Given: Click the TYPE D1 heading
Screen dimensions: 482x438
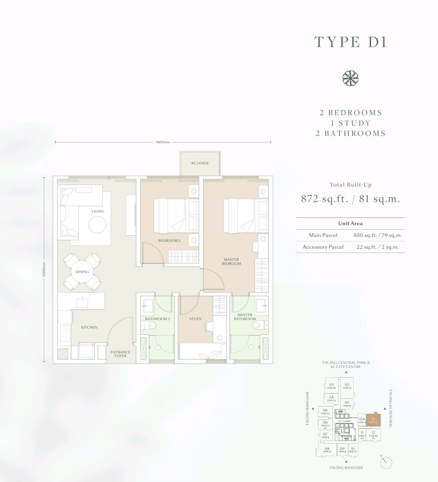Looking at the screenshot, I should [350, 42].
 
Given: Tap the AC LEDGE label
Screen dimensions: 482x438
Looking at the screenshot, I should [200, 163].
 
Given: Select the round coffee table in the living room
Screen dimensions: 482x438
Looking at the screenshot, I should [98, 224].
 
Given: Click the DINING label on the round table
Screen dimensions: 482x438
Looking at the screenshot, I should [82, 272].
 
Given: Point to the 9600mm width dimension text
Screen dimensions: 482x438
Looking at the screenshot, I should [163, 142].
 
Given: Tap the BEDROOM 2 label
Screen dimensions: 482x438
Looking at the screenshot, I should [170, 241].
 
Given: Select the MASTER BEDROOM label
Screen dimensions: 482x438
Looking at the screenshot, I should [231, 262].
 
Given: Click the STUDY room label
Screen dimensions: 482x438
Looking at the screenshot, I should [195, 319].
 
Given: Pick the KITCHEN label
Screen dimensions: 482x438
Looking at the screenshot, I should [89, 327].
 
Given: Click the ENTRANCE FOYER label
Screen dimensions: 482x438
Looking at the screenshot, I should [120, 354].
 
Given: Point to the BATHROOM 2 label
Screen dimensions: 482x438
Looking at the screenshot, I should [157, 319].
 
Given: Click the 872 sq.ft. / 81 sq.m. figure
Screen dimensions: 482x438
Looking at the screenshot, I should [350, 199].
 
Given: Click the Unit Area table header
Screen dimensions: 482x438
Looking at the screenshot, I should [350, 224].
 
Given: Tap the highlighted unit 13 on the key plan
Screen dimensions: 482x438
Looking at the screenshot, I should [374, 420].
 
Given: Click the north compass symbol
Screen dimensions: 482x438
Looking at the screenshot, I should [387, 462].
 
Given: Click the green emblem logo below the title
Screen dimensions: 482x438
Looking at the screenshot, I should [350, 78].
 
